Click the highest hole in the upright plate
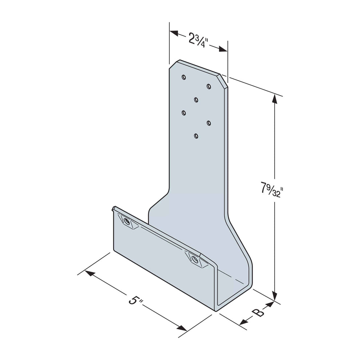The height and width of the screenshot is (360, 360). point(184,77)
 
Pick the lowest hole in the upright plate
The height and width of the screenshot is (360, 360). point(196,136)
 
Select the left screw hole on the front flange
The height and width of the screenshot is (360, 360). point(126,221)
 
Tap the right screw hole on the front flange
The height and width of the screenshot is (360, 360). point(195,260)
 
